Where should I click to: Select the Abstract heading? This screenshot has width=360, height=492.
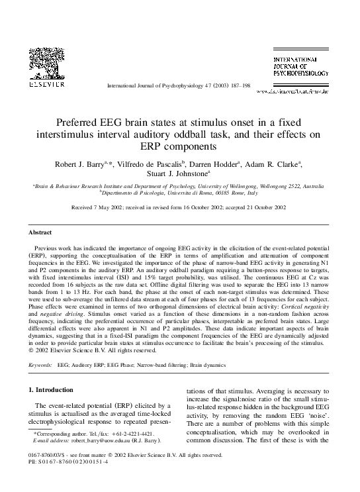click(x=40, y=232)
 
